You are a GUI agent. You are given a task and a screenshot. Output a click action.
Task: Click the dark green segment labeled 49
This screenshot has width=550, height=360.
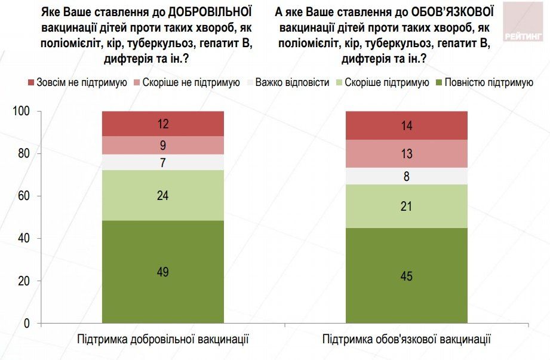coord(162,272)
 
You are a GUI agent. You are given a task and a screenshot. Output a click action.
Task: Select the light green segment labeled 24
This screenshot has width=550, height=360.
coord(162,195)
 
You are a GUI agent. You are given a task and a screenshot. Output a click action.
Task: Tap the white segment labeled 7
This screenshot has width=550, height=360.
coord(162,162)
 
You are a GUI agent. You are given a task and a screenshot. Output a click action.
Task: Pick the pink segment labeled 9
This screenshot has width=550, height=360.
coord(162,145)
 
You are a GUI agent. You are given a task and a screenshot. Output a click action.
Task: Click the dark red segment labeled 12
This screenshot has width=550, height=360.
coord(162,124)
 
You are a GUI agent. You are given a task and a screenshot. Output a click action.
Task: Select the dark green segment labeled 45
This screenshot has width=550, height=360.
coord(407,276)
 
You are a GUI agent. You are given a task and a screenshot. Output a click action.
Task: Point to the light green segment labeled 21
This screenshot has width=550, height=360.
coord(407,206)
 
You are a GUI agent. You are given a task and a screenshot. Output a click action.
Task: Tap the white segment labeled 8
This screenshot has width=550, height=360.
coord(407,176)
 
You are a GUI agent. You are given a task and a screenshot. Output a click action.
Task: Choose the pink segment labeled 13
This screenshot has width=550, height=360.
coord(407,154)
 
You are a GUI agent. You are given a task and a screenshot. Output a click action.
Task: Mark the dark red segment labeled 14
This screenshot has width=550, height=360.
coord(407,126)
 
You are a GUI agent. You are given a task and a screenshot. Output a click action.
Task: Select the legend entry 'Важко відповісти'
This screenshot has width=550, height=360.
coord(287,82)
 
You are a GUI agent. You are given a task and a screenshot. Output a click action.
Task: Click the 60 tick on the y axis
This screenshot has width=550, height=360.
coord(24,196)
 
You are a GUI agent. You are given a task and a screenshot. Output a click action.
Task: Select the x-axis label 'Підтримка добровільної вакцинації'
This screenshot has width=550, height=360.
coord(163,340)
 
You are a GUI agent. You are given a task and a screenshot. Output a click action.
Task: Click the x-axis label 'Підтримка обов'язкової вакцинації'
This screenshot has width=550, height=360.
coord(407,340)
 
